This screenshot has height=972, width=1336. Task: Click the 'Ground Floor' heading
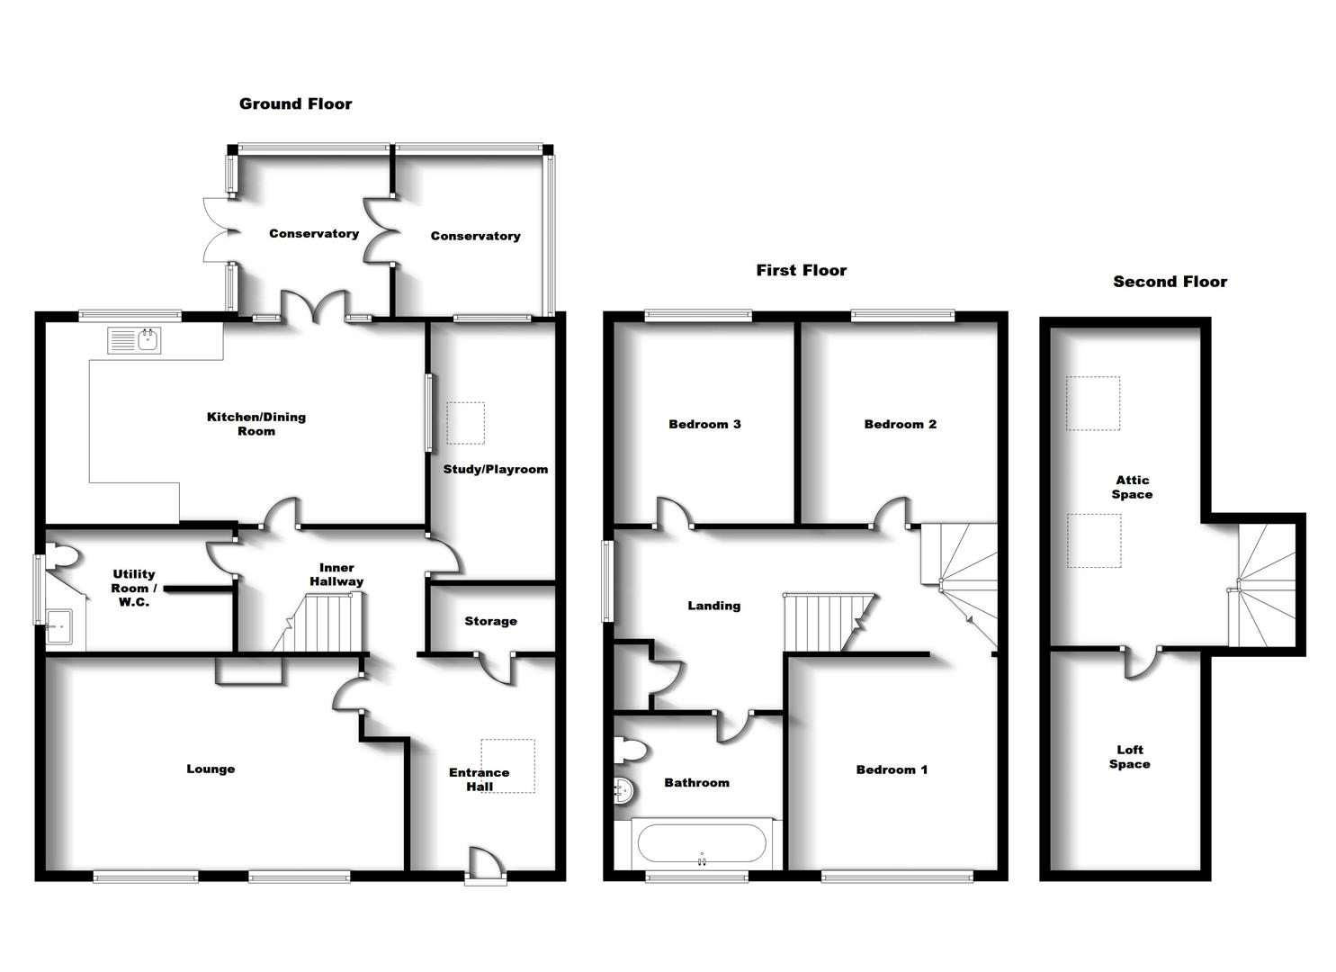[x=295, y=103]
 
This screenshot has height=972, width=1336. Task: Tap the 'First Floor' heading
[x=801, y=270]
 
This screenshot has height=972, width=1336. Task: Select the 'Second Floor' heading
[x=1170, y=282]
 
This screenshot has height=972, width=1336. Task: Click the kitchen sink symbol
[x=134, y=340]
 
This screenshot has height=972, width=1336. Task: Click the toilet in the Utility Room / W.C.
[x=63, y=557]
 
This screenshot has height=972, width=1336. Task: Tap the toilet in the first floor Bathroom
[x=630, y=749]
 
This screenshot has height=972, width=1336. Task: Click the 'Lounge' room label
[x=211, y=769]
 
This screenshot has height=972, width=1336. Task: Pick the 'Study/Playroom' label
[x=495, y=469]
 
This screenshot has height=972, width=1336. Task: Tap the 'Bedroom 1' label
[x=892, y=769]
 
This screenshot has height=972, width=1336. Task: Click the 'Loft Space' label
[x=1129, y=757]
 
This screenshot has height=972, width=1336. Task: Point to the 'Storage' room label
[x=490, y=621]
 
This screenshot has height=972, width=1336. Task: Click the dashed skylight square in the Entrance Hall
[x=507, y=766]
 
